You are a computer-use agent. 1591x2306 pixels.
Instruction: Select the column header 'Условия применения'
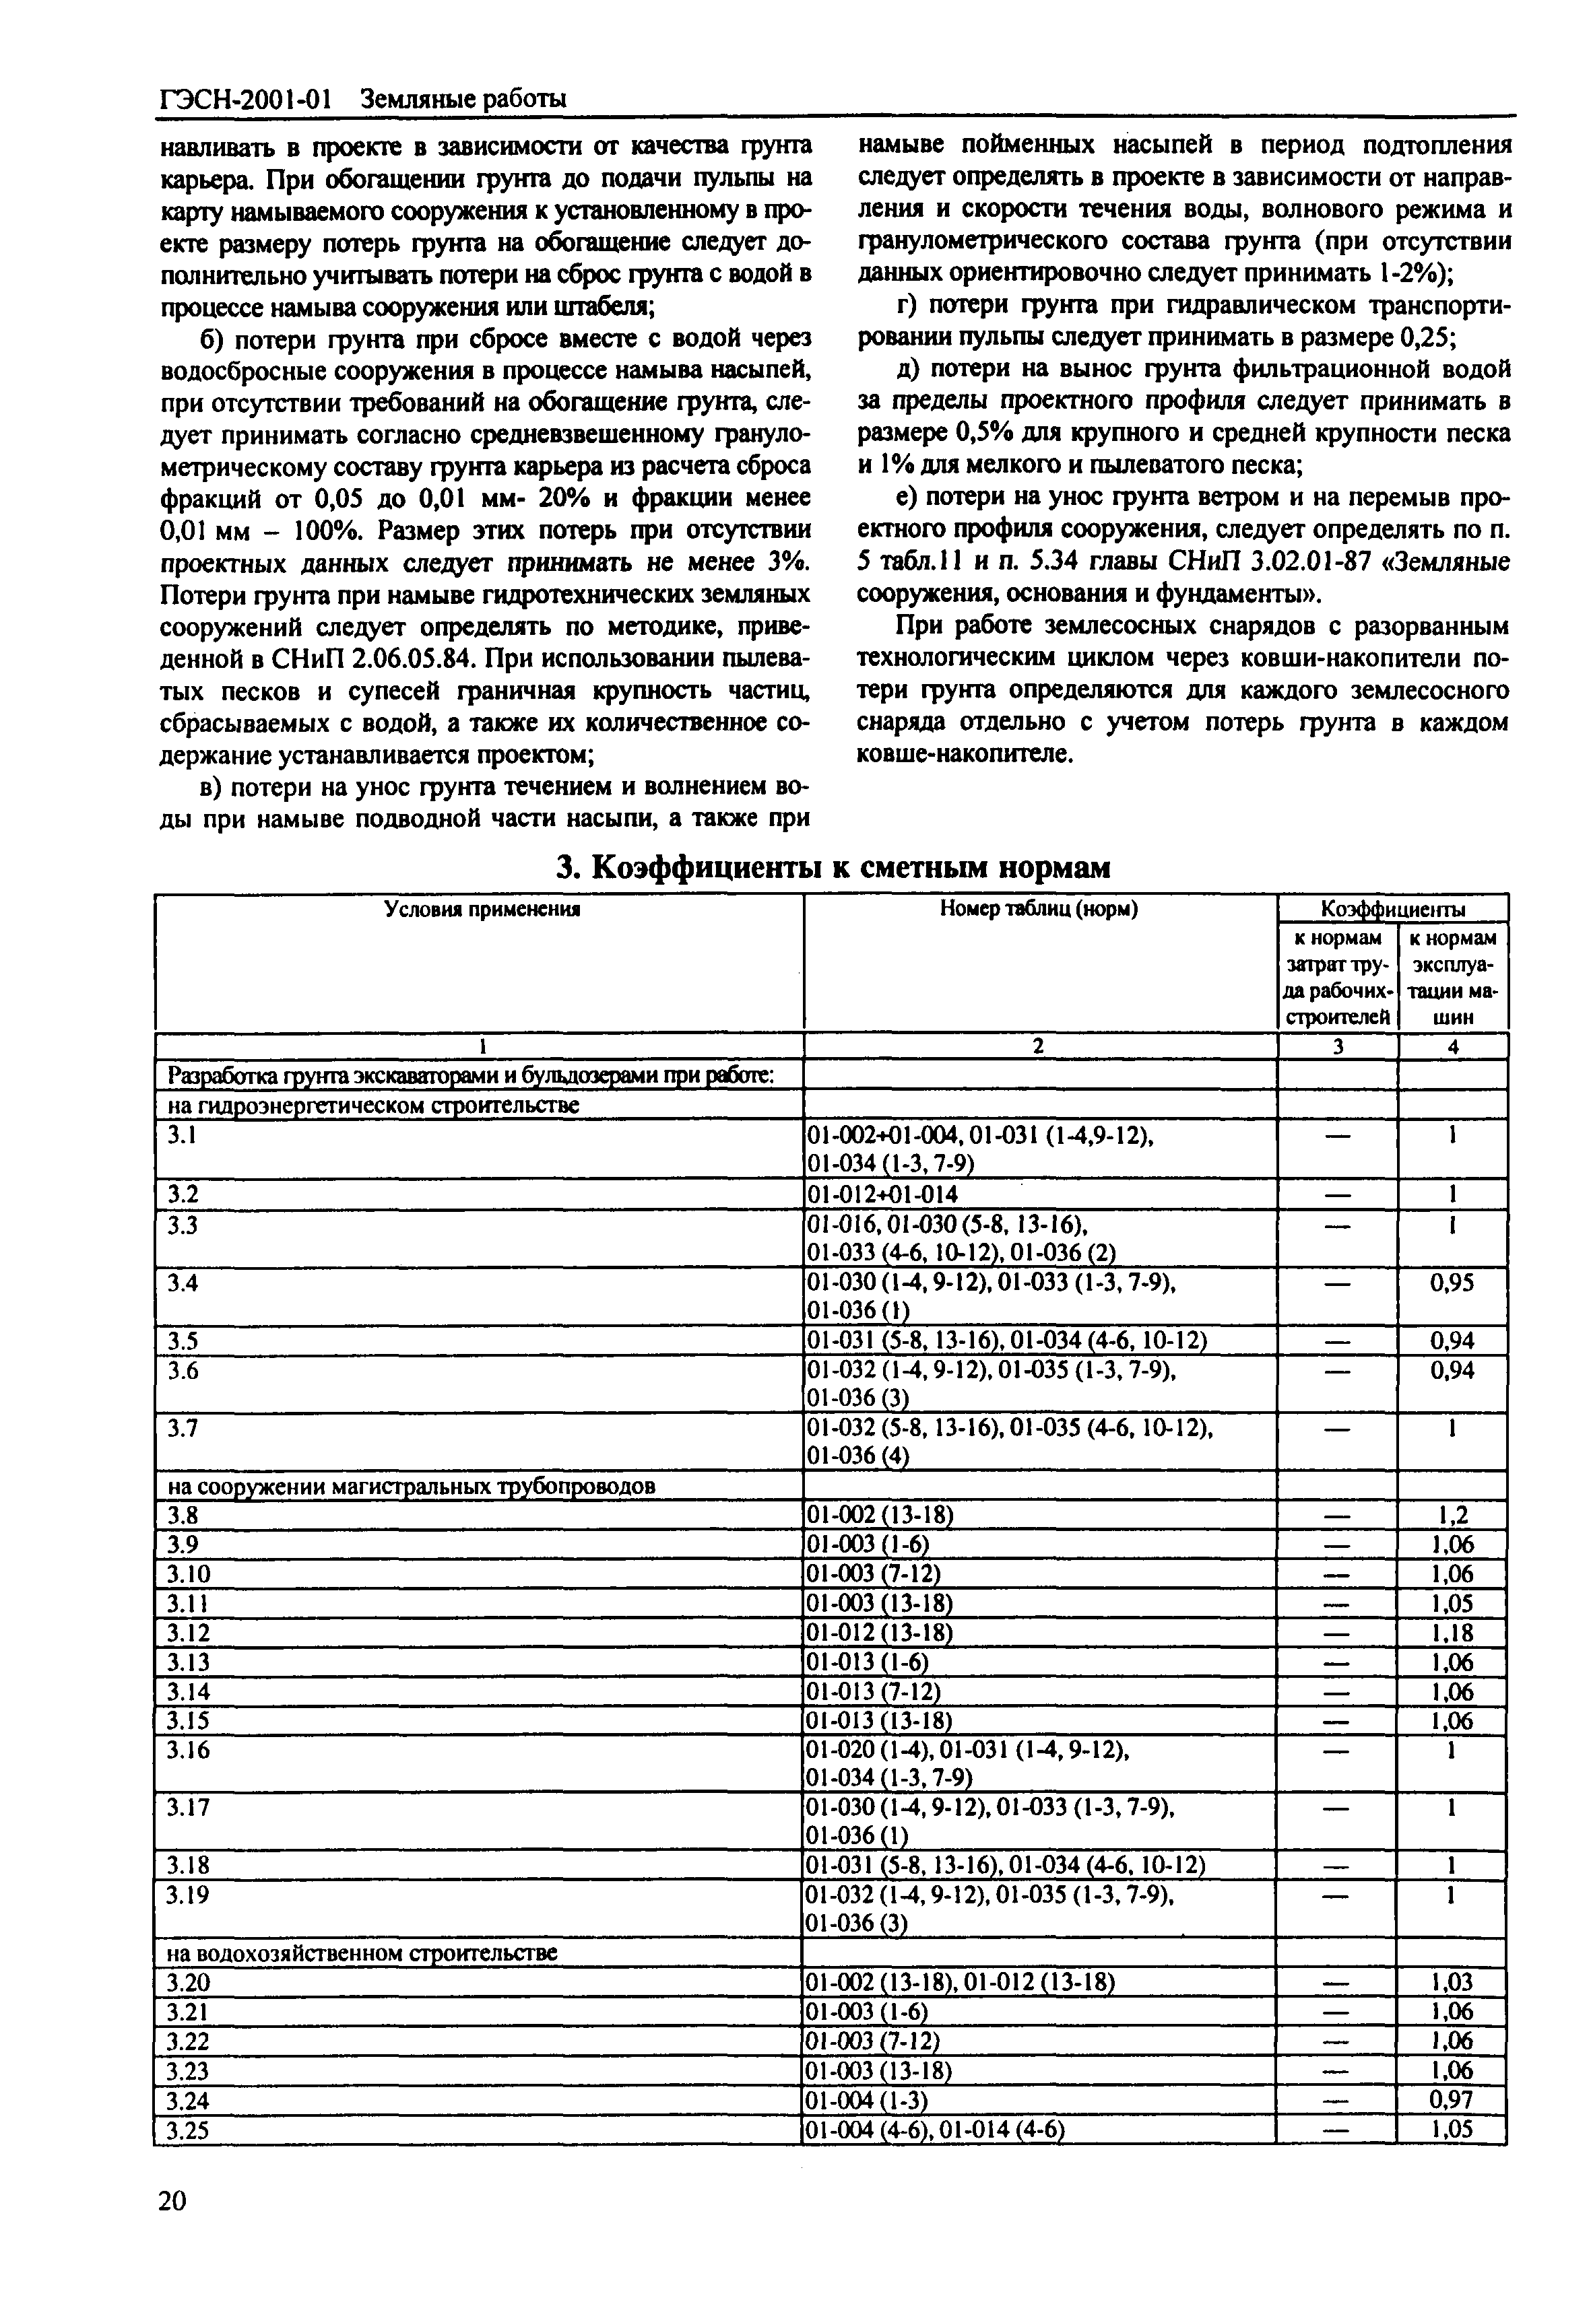(482, 909)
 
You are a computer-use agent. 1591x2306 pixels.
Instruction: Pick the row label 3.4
(183, 1283)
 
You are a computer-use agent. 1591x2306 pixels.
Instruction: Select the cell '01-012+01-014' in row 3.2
(884, 1195)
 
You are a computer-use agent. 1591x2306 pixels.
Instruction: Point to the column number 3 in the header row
(1339, 1046)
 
